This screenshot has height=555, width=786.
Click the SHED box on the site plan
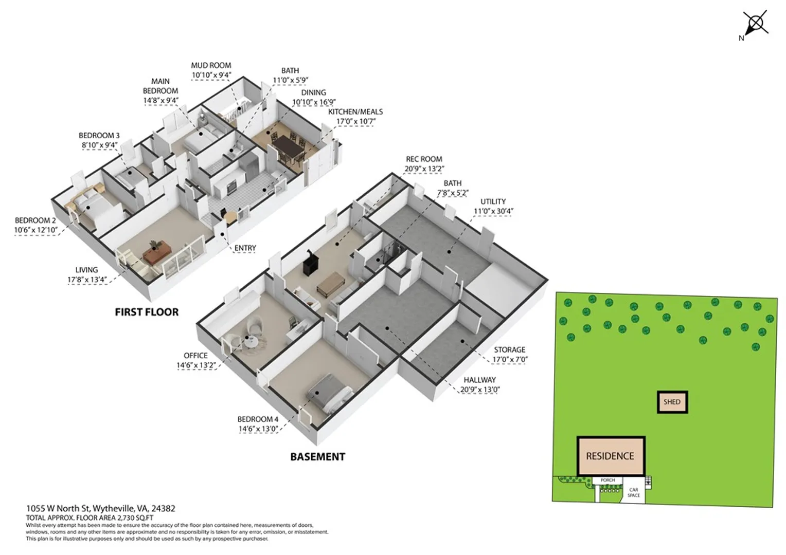[672, 402]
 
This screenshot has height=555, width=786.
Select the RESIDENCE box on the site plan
[611, 456]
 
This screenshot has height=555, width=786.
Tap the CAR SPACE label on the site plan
[633, 492]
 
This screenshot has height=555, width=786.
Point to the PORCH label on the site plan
[608, 480]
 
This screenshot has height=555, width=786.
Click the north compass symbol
[756, 25]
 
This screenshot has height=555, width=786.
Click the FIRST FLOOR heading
[147, 312]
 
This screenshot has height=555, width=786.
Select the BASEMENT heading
[317, 457]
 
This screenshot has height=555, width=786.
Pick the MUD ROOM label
[211, 66]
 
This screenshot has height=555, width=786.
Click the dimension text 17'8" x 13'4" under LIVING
[87, 280]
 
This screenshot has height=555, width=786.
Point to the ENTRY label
[245, 248]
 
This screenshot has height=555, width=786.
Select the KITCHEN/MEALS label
[355, 112]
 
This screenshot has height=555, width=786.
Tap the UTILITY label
[493, 201]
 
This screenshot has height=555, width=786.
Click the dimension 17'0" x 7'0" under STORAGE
[510, 359]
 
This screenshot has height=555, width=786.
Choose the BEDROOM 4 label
[258, 419]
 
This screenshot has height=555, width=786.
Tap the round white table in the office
[251, 342]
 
